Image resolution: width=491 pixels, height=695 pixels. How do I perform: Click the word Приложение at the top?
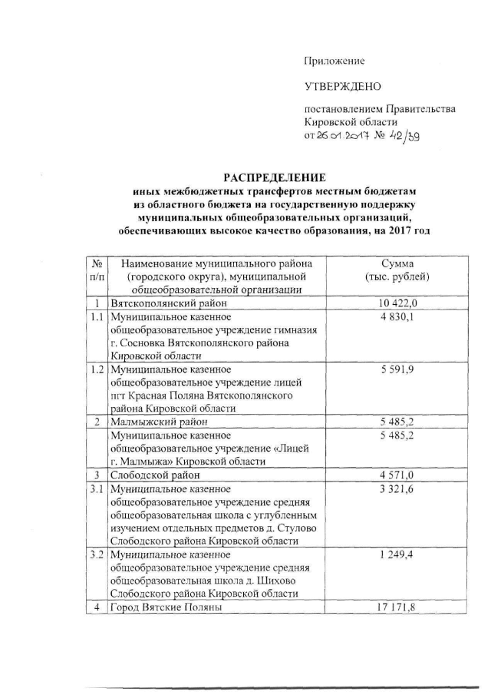[x=334, y=61]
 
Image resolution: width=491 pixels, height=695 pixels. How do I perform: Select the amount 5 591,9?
[x=397, y=369]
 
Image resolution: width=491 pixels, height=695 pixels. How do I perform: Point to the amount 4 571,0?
[x=397, y=475]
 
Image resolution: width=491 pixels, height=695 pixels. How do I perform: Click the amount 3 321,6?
[x=397, y=488]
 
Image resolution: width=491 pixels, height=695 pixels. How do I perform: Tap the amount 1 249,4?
[x=397, y=555]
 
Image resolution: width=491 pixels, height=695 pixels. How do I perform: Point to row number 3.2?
[x=96, y=555]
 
